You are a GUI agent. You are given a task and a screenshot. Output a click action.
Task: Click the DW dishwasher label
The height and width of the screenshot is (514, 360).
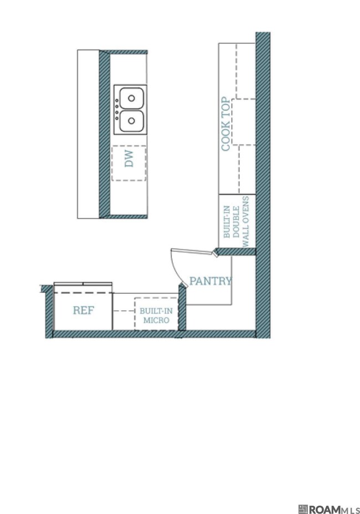pos(130,159)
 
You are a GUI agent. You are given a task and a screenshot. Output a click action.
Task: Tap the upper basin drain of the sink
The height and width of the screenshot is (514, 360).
pos(131,98)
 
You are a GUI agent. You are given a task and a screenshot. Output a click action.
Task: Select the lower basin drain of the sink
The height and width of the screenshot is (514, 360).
pos(131,121)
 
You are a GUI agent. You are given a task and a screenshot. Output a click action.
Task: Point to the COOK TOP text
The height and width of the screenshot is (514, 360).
pos(225,124)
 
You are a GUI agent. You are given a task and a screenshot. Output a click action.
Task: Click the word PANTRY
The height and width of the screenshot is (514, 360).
pos(210,281)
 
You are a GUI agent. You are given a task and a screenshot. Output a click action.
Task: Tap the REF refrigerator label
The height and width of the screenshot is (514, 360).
pos(83,310)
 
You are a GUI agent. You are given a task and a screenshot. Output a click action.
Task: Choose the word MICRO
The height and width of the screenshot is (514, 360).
pos(156,320)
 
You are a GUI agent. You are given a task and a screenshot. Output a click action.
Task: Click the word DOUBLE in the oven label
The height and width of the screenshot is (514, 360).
pos(236,222)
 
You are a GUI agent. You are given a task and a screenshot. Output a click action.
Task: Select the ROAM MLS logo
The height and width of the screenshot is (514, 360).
pos(329,509)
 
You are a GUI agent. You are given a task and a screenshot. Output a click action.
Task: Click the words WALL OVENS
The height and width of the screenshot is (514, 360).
pos(245,221)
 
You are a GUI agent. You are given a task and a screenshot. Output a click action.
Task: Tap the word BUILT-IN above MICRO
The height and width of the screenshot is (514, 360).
pos(156,311)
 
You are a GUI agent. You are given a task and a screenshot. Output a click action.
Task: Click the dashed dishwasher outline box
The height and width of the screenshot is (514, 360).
pos(129,163)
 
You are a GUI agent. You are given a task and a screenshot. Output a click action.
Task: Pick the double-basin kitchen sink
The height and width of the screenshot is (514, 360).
pos(130,110)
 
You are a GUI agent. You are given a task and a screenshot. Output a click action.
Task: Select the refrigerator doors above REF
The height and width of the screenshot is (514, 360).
pos(83,284)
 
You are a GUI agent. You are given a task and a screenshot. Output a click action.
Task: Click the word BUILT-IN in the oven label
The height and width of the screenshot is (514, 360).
pos(227,222)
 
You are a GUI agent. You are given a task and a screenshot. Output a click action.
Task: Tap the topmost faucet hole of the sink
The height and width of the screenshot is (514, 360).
pos(117,100)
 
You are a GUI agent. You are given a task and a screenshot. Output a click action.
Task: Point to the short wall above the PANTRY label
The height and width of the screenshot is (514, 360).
pos(235,251)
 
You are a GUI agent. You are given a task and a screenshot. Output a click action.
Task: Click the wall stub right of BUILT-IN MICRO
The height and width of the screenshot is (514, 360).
pos(182,307)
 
